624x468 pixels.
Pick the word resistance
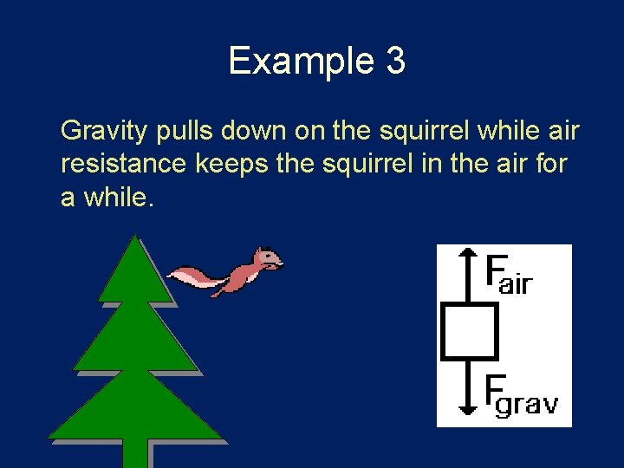[123, 164]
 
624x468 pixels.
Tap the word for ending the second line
[549, 164]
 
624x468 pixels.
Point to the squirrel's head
[268, 259]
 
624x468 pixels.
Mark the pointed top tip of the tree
[136, 238]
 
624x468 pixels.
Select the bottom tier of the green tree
[136, 412]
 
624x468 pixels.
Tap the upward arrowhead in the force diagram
[468, 253]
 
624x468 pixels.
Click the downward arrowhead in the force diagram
[468, 408]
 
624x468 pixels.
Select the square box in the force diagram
[469, 330]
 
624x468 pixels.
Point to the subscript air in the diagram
[516, 283]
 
